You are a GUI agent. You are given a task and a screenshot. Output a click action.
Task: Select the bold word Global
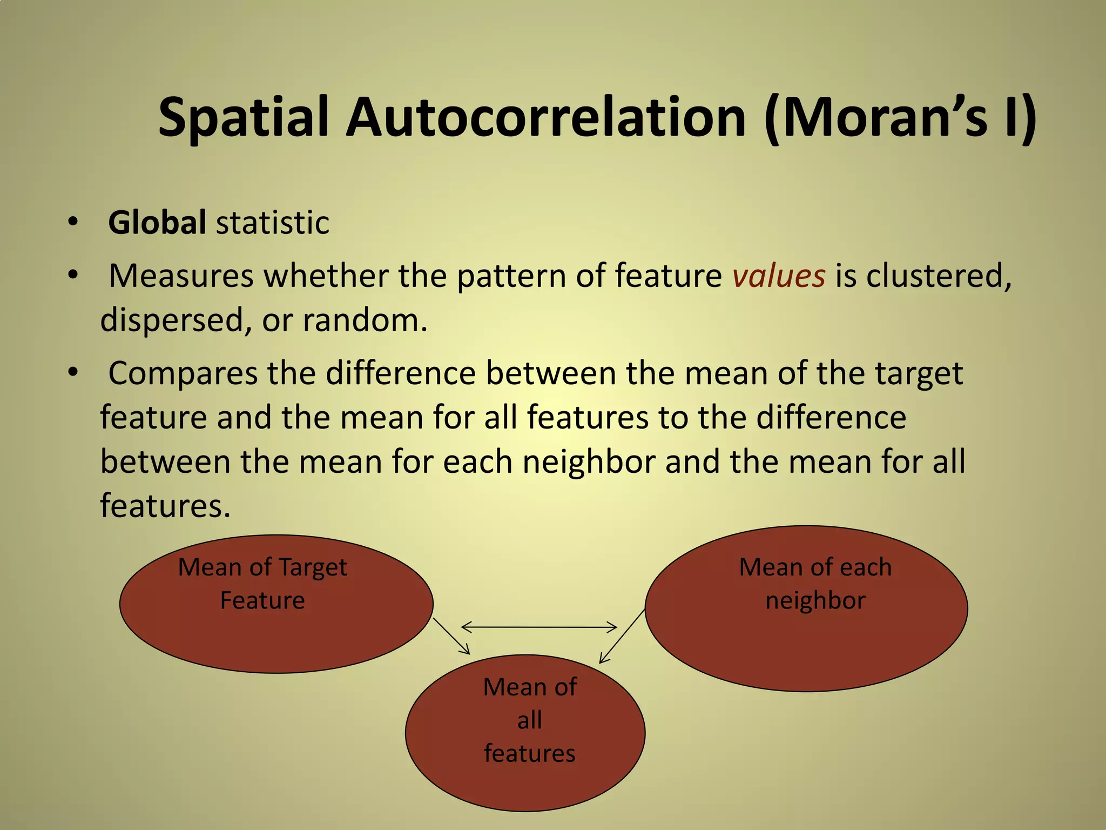[x=157, y=222]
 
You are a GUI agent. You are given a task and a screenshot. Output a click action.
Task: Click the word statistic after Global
[x=272, y=222]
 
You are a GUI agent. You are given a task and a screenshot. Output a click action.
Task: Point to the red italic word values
[x=779, y=276]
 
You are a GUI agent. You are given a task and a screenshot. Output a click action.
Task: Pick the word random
[x=364, y=320]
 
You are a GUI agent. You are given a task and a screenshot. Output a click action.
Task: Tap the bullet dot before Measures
[x=73, y=275]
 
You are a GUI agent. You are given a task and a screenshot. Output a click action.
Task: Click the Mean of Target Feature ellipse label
[x=262, y=584]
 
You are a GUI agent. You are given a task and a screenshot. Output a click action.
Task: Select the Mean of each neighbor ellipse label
[x=815, y=584]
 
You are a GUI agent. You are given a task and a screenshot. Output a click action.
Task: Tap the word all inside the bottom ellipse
[x=529, y=720]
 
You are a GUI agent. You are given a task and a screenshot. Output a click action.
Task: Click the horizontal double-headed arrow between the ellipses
[x=539, y=627]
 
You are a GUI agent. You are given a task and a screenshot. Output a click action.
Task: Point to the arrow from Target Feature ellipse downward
[x=451, y=637]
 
